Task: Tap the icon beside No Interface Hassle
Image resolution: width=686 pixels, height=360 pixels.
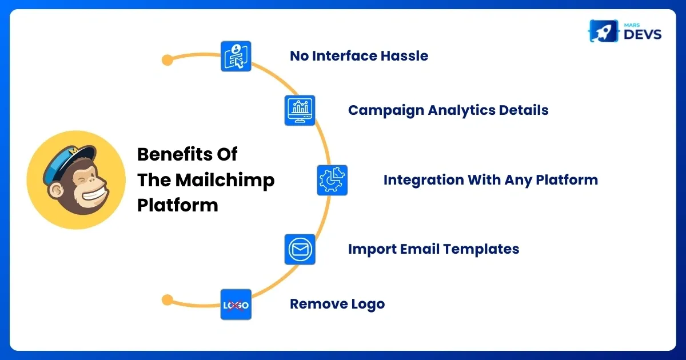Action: click(x=236, y=56)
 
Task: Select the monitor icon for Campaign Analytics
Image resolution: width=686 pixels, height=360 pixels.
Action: click(x=300, y=110)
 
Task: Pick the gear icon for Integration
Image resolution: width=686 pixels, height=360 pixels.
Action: click(x=332, y=180)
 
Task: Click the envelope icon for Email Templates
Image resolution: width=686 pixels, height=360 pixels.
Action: click(x=300, y=249)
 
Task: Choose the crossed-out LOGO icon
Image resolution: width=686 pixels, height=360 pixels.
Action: click(x=236, y=305)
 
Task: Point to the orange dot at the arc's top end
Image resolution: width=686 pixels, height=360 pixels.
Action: click(x=167, y=59)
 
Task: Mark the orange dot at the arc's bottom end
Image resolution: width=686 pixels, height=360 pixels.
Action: click(x=167, y=299)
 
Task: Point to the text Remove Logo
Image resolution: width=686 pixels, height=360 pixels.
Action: click(x=337, y=304)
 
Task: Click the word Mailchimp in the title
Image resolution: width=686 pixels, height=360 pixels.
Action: click(x=225, y=180)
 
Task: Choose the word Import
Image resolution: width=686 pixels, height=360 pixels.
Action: click(x=368, y=249)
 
